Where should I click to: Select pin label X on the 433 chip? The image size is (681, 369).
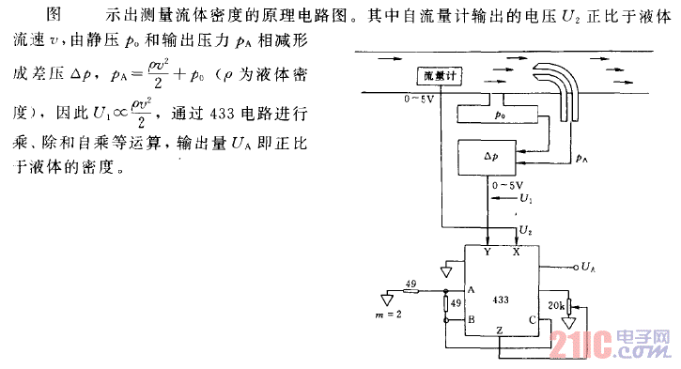(517, 253)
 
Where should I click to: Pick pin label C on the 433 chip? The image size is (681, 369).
(533, 320)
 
